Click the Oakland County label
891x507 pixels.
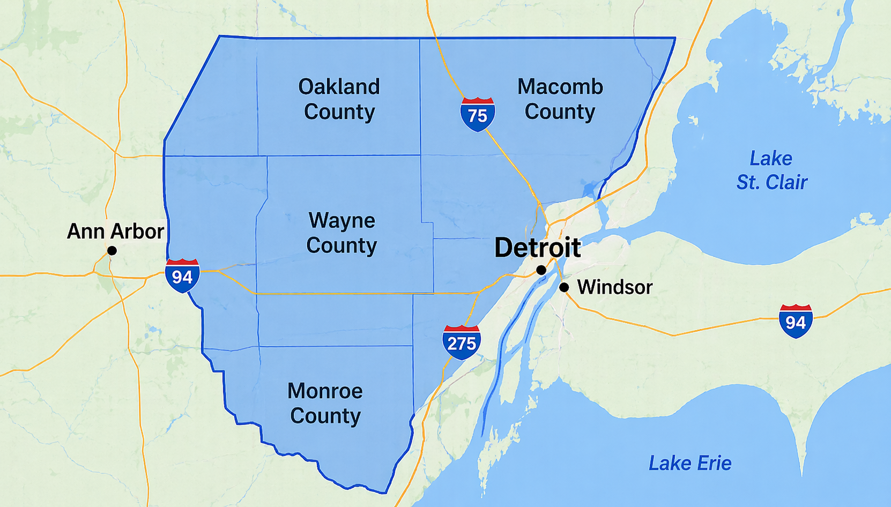[x=339, y=99]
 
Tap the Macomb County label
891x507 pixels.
[x=560, y=99]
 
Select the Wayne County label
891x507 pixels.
[x=341, y=233]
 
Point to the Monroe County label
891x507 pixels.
[x=325, y=403]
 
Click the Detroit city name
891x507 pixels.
[x=537, y=247]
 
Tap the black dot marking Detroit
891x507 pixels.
[x=541, y=270]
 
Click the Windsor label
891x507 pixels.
[x=614, y=287]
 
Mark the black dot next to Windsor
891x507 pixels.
[x=564, y=288]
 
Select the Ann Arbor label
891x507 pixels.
[x=115, y=232]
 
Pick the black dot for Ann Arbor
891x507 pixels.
[x=112, y=251]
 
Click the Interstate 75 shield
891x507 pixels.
[x=477, y=114]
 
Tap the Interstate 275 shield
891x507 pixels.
[x=462, y=342]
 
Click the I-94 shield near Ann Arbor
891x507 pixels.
[x=182, y=275]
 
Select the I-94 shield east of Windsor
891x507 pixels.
[x=796, y=321]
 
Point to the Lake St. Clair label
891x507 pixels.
[x=771, y=170]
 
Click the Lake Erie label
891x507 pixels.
[x=690, y=463]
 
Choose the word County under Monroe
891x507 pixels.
[x=325, y=416]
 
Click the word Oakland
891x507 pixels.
[x=339, y=87]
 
